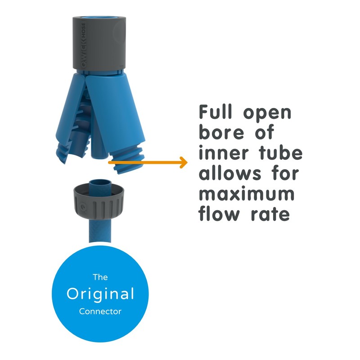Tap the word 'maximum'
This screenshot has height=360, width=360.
(x=247, y=194)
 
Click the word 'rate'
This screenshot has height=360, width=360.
(x=270, y=214)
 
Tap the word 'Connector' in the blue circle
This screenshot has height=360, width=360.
(x=100, y=311)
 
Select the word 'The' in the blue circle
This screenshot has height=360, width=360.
(x=100, y=277)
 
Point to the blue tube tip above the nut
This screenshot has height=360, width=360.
(x=100, y=186)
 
